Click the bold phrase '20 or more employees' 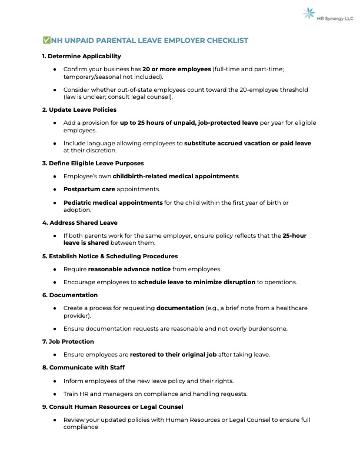[x=176, y=69]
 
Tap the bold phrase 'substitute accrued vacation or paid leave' [x=247, y=143]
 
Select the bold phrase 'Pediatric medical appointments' [x=113, y=203]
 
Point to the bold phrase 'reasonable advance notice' [x=125, y=269]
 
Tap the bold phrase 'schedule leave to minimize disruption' [x=196, y=282]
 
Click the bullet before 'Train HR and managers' [x=54, y=394]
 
